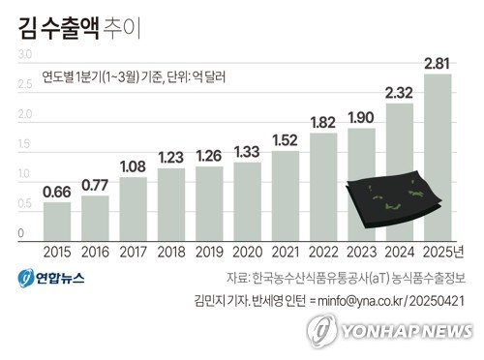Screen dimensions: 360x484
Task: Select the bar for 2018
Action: point(171,203)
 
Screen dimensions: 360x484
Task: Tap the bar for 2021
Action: point(286,195)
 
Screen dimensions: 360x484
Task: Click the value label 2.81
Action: point(437,64)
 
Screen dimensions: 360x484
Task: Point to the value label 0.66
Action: point(57,192)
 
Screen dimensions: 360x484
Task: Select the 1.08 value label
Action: point(134,166)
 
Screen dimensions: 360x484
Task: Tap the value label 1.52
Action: point(286,140)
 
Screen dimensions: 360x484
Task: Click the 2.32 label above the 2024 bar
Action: point(399,93)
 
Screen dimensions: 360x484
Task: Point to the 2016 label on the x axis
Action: point(95,252)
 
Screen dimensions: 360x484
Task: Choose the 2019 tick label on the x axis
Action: point(209,252)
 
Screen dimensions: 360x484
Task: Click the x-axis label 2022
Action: point(323,252)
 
